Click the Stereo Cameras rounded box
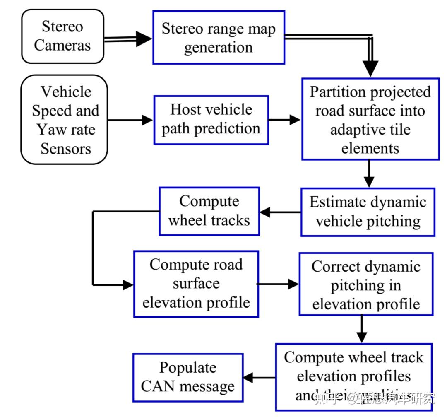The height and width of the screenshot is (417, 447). click(x=62, y=36)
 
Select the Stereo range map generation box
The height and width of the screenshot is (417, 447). click(x=219, y=38)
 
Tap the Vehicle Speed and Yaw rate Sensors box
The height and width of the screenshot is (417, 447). click(x=64, y=120)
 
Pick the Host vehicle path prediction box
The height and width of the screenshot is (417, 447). click(x=211, y=120)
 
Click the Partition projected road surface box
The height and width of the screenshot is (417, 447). click(x=370, y=119)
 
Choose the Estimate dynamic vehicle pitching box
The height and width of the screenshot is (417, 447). click(x=368, y=212)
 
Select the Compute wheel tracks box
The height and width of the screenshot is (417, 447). click(x=209, y=211)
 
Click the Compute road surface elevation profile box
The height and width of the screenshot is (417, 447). click(x=196, y=284)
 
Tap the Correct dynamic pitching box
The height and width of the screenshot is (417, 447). click(x=366, y=285)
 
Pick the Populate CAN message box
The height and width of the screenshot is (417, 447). click(x=187, y=377)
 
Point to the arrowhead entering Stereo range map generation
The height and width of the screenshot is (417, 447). click(x=144, y=39)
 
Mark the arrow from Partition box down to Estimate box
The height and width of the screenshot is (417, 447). click(x=368, y=174)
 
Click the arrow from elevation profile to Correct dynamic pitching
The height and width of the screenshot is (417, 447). click(x=277, y=284)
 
